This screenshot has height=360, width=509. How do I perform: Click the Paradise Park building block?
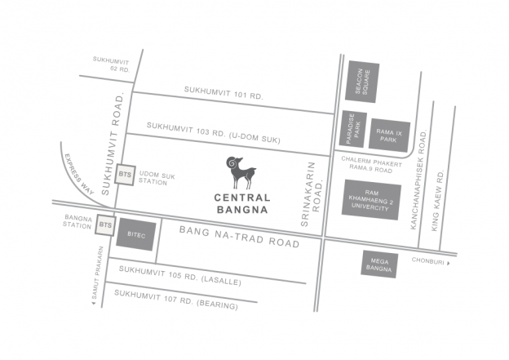pos(352,129)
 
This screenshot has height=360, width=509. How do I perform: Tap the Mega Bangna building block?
pos(379,264)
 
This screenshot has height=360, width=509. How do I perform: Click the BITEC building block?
pos(135,233)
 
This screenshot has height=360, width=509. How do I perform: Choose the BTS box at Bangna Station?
pos(105,224)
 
